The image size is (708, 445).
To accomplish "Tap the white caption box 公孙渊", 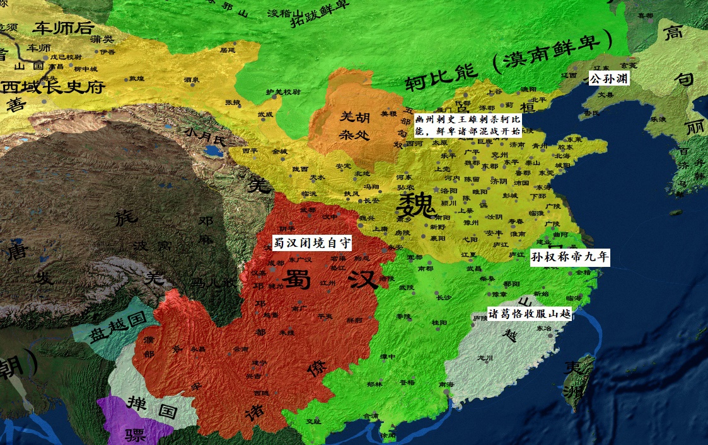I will pos(608,79).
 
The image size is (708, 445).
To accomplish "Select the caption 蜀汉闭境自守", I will pos(311,242).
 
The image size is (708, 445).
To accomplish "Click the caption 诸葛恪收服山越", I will pos(530,313).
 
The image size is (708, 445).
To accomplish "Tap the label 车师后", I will pos(64,28).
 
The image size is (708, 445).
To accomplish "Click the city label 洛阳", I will pos(449,191).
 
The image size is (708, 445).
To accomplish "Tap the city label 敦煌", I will pos(137,79).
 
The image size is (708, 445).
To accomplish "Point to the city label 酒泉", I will pos(192,79).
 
